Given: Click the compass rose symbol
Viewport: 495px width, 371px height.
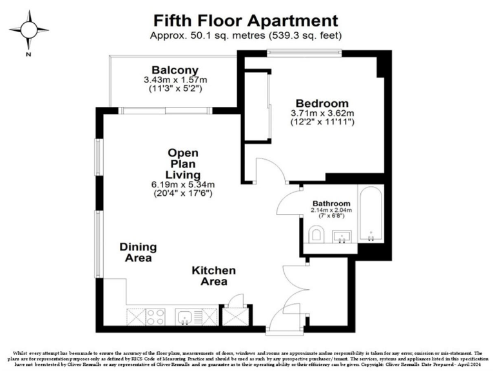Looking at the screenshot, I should (28, 30).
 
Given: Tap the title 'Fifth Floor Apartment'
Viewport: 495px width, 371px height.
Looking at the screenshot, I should (246, 21).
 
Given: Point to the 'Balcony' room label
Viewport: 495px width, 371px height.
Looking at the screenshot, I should (175, 70).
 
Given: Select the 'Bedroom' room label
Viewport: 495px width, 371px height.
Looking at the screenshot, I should (322, 103).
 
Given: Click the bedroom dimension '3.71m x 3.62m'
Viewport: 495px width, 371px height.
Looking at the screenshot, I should (322, 113).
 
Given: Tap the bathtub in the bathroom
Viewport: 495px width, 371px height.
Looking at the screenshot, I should (372, 216).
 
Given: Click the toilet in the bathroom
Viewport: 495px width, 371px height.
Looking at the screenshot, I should (316, 236).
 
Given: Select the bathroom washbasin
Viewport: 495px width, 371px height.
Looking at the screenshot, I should (341, 237).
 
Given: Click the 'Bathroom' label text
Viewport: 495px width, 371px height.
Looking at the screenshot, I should (331, 203).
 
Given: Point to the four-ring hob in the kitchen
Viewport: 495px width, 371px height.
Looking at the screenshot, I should (155, 316).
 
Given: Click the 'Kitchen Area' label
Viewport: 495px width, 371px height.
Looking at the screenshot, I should (213, 276).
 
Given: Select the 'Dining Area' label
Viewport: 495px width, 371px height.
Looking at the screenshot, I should (135, 252).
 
